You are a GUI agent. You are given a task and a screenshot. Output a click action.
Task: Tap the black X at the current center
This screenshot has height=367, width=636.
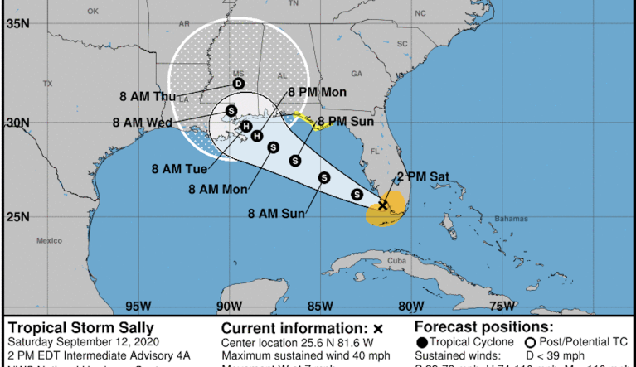(x=383, y=205)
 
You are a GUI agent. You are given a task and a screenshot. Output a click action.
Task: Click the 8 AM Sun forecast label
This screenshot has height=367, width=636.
(x=277, y=214)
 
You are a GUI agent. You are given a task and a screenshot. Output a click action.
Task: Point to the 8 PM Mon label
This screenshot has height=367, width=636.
(x=317, y=92)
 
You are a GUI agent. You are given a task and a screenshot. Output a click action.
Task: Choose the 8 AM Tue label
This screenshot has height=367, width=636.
(x=179, y=169)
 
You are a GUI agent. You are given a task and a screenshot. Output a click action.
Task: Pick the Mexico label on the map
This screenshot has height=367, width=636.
(x=50, y=240)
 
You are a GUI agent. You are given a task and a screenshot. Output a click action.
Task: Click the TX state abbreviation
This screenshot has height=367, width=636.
(x=47, y=83)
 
